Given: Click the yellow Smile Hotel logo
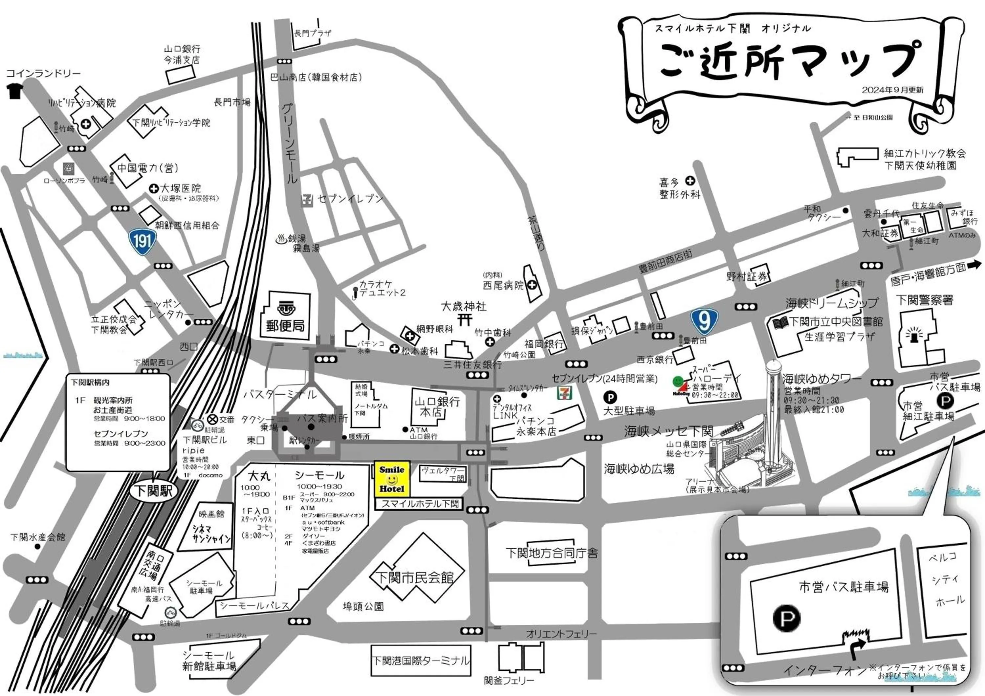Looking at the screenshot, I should coord(392,479).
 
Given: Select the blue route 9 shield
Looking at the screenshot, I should coord(704,320).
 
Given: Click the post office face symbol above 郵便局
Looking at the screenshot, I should coord(285,308).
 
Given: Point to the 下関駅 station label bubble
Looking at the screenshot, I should coord(154,490).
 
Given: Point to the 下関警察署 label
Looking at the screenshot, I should coord(925,300).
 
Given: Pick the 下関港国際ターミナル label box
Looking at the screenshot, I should coord(420,661).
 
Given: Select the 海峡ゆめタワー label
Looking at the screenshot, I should coord(821,379).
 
